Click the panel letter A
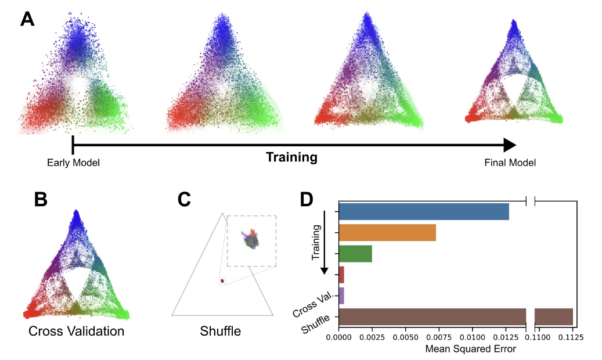(x=28, y=20)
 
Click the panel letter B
(x=41, y=200)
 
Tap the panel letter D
(x=308, y=200)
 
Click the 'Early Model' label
(x=74, y=163)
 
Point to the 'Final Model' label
(x=510, y=163)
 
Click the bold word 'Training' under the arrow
(x=291, y=157)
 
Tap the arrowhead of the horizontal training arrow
(x=509, y=145)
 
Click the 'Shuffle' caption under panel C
(x=221, y=332)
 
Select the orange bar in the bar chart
(x=387, y=233)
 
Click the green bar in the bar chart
(x=355, y=254)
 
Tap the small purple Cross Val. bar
(x=341, y=296)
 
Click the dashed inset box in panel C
(x=252, y=240)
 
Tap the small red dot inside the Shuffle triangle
(x=222, y=281)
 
